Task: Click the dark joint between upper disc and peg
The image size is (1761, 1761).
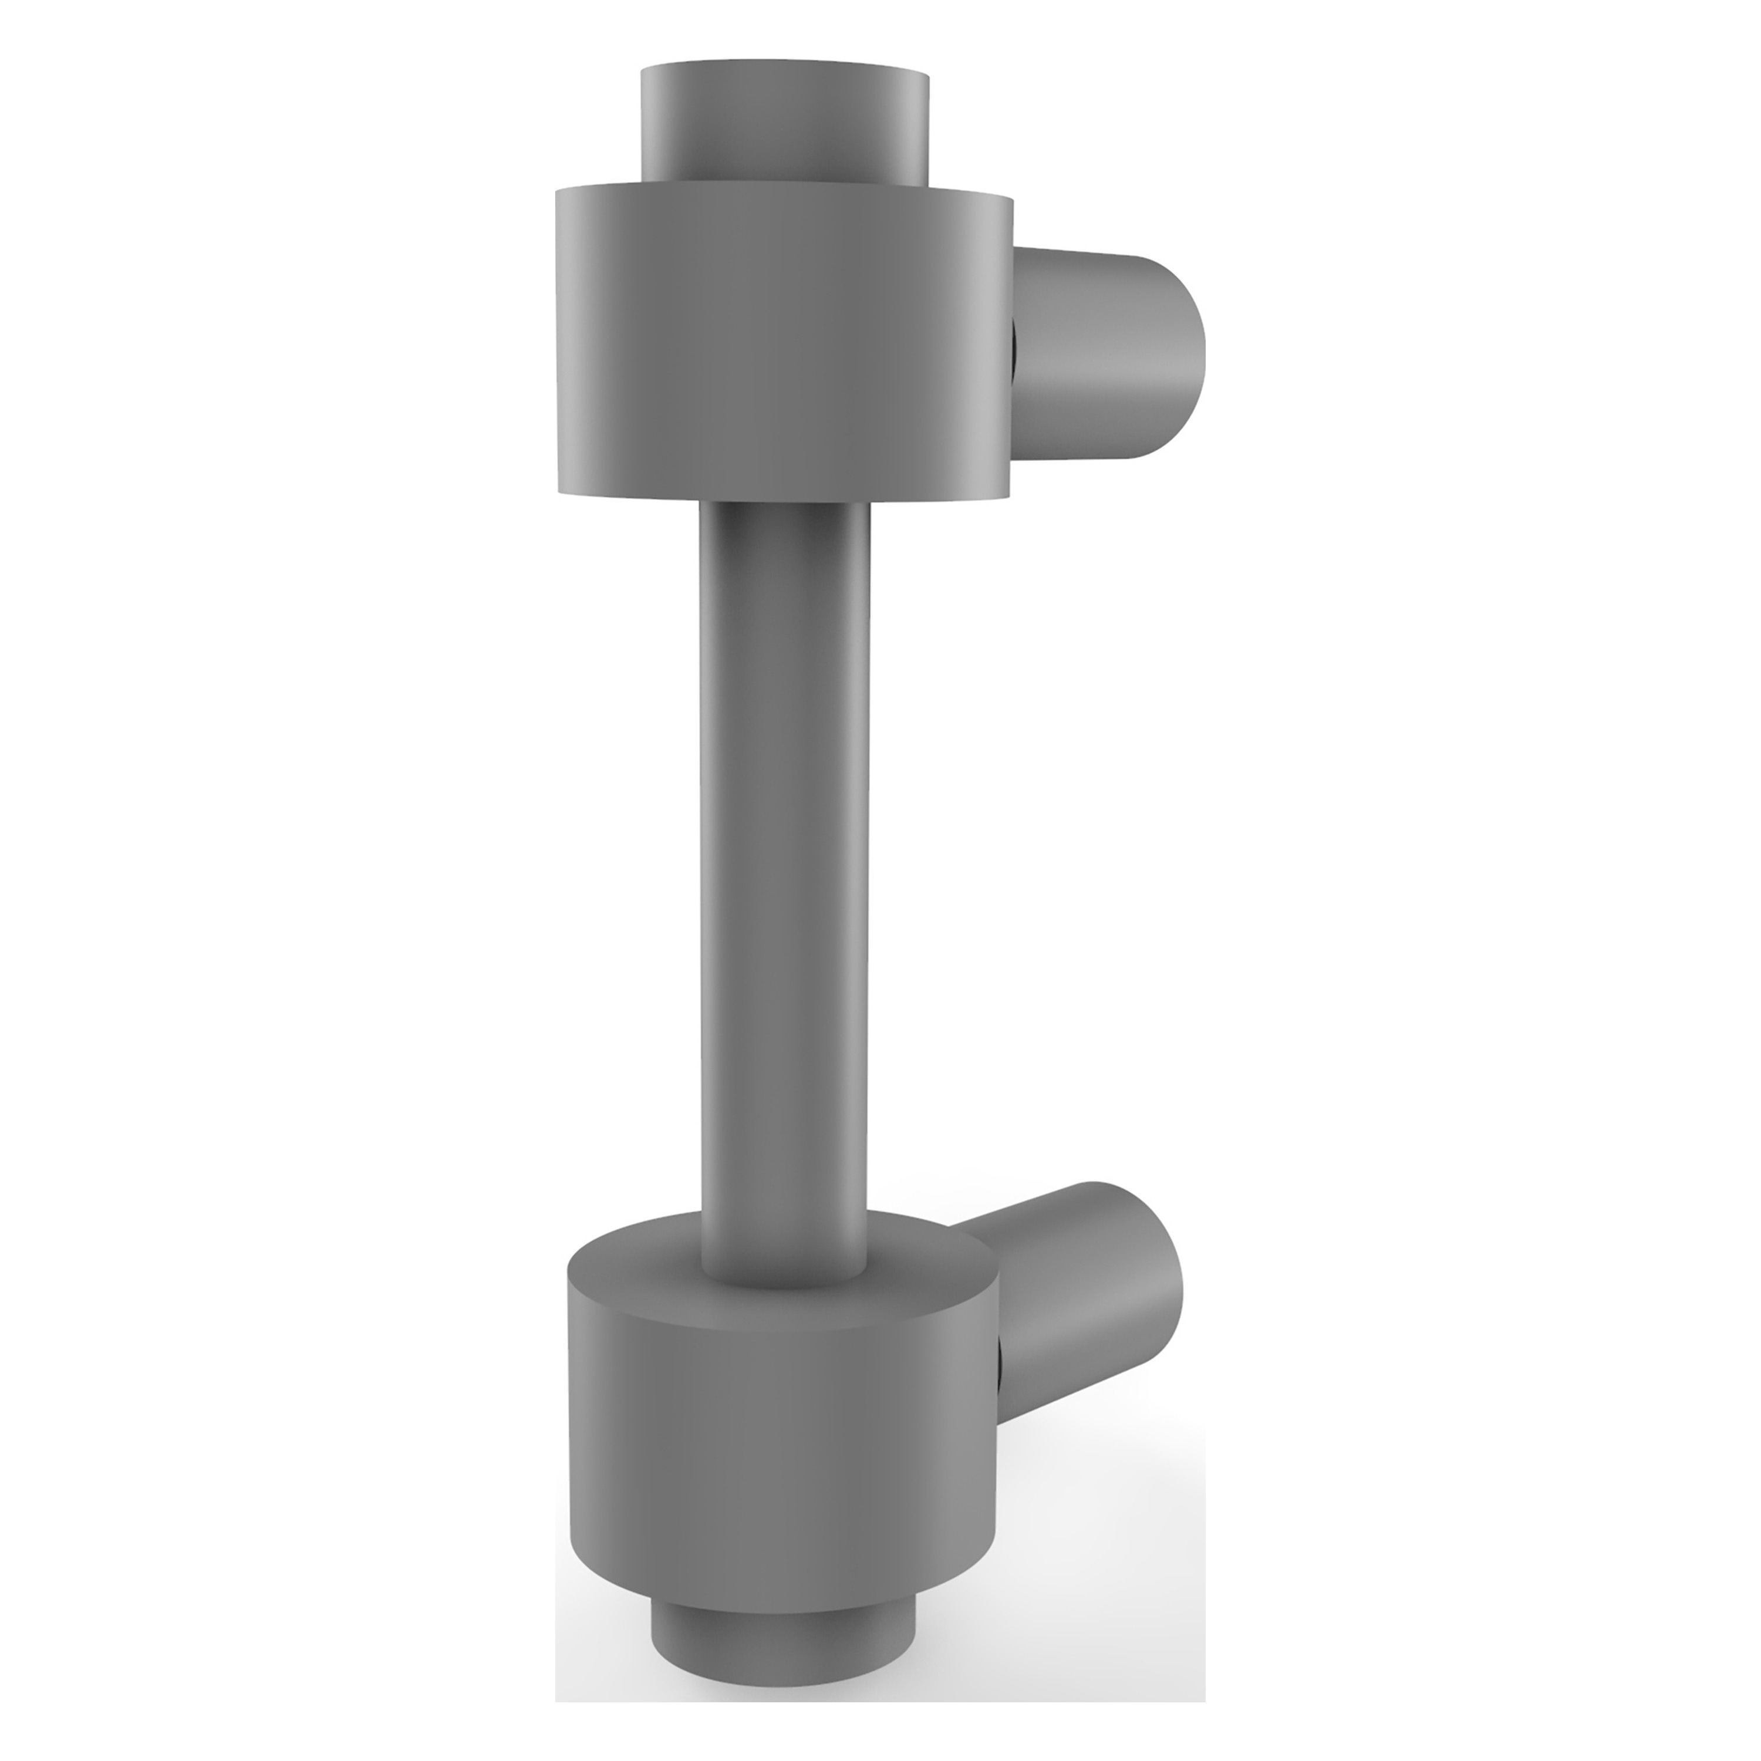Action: point(1014,351)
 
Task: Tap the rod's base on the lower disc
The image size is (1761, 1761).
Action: point(784,1281)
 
